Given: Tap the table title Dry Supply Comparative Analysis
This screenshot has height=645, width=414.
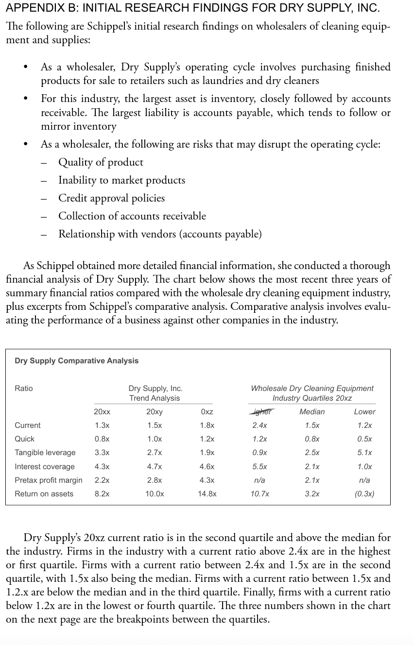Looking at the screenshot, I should pyautogui.click(x=76, y=361).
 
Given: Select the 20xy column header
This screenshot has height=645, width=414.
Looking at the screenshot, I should pyautogui.click(x=154, y=412).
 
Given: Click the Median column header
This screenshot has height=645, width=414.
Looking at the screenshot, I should pyautogui.click(x=312, y=412).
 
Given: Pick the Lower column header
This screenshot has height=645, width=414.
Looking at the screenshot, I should pyautogui.click(x=364, y=412).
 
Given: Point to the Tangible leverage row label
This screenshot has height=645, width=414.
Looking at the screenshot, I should pyautogui.click(x=45, y=453).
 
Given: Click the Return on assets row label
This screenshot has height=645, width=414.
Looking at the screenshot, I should pyautogui.click(x=44, y=494).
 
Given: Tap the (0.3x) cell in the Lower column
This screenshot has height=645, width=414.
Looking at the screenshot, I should pyautogui.click(x=364, y=494).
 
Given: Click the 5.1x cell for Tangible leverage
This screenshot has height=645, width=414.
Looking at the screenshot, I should pyautogui.click(x=364, y=453).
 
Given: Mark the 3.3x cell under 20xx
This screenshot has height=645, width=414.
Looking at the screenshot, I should pyautogui.click(x=102, y=453).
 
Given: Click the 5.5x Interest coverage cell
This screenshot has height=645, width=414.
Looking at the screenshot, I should pyautogui.click(x=259, y=467).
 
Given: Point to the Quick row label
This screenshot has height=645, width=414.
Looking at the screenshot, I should pyautogui.click(x=24, y=439).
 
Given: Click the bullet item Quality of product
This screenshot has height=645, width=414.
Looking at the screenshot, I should pyautogui.click(x=101, y=162).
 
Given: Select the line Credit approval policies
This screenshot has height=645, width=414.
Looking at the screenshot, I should pyautogui.click(x=111, y=198).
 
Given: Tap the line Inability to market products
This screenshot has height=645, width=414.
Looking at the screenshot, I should pyautogui.click(x=121, y=180).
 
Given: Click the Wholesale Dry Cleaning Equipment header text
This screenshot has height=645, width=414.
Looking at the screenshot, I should pyautogui.click(x=312, y=389).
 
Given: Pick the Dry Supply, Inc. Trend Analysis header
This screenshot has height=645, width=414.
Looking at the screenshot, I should pyautogui.click(x=155, y=393).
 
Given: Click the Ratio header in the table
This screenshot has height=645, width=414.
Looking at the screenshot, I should pyautogui.click(x=24, y=389).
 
